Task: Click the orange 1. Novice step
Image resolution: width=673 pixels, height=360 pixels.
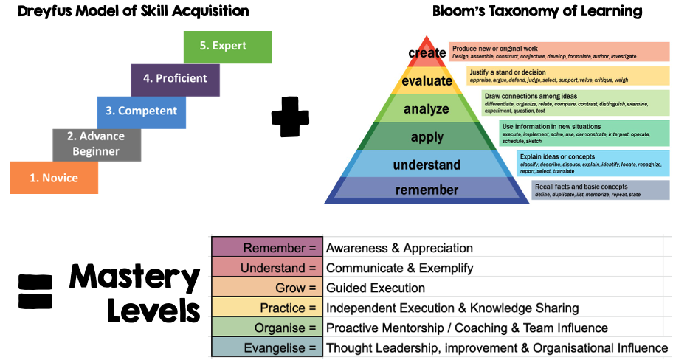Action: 54,178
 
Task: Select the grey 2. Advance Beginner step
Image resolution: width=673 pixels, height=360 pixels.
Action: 96,144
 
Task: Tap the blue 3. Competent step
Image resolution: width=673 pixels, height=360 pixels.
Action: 141,111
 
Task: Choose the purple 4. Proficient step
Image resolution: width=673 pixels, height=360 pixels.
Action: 175,79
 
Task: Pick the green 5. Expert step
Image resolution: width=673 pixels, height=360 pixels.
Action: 227,46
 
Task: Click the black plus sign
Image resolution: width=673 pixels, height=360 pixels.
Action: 290,117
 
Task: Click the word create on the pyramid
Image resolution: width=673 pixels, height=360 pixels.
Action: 427,53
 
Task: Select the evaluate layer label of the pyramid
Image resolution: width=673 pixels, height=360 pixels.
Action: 427,81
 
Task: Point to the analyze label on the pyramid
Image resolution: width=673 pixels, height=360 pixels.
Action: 427,109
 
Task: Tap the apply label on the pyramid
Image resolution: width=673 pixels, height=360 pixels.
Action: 427,137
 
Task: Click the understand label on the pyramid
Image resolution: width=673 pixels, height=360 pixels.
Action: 427,165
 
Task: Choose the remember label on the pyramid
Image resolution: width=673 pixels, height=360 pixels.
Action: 427,190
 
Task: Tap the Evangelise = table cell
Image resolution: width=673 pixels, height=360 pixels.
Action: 267,347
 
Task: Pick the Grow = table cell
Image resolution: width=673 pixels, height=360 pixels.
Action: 267,288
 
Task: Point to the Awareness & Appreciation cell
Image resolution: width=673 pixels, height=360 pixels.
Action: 399,248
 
